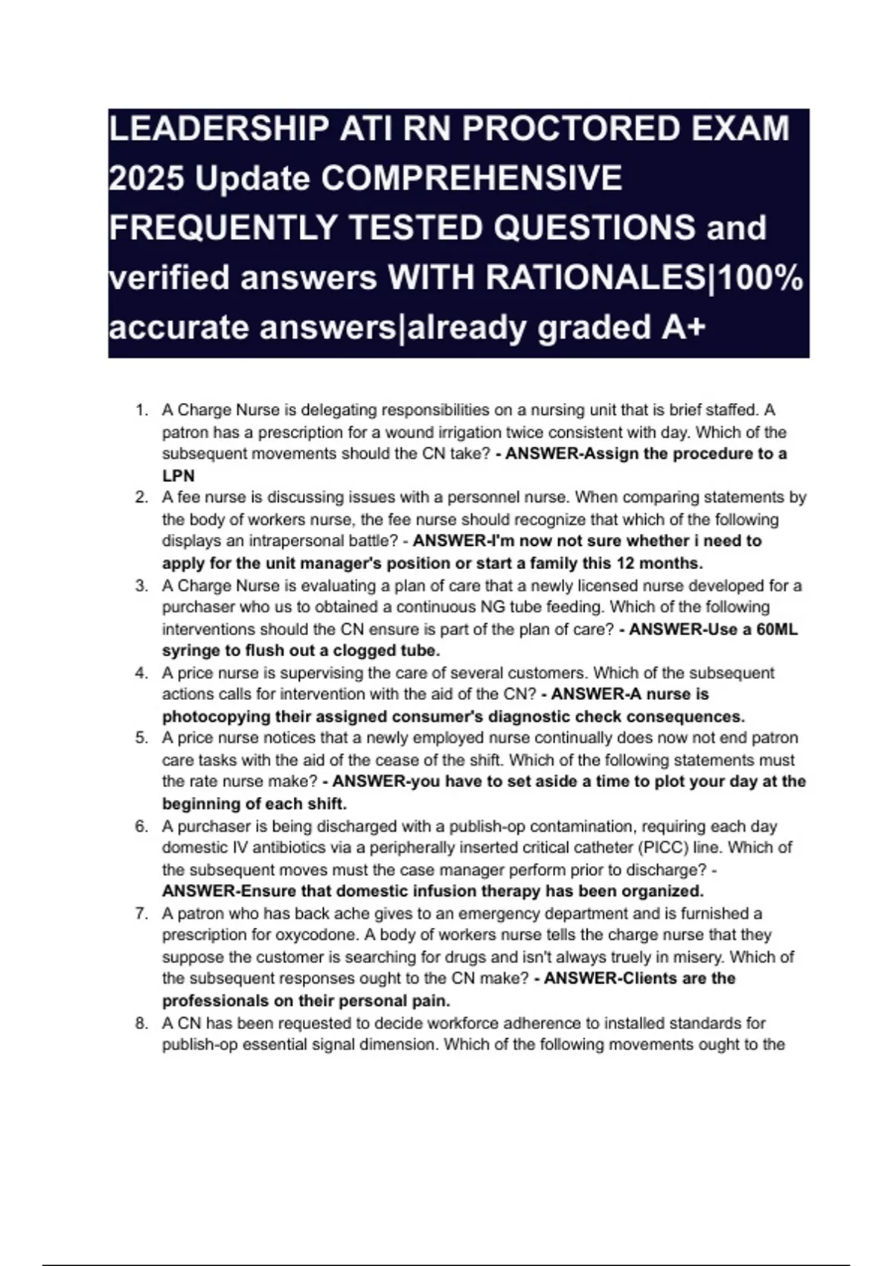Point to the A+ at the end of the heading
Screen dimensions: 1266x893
coord(682,327)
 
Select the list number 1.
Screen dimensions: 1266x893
coord(141,410)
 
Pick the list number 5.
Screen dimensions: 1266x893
coord(141,738)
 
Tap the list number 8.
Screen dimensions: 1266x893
coord(141,1023)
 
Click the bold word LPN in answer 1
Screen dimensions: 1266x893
coord(179,476)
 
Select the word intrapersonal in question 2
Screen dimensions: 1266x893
coord(299,541)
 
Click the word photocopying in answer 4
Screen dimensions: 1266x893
coord(217,716)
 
